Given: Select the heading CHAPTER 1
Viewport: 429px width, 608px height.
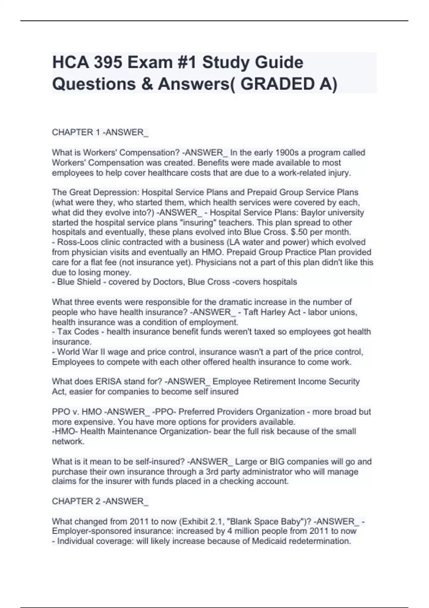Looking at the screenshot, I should pos(76,132).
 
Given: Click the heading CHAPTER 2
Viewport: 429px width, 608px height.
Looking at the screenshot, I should pos(76,501).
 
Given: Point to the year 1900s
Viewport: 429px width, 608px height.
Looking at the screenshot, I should pos(290,153).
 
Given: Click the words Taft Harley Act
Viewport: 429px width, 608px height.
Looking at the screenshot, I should pos(272,312).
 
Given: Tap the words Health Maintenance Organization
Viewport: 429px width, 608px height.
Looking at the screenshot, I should pos(144,431).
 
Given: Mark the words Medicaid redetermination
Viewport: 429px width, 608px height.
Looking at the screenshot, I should pos(301,541).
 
